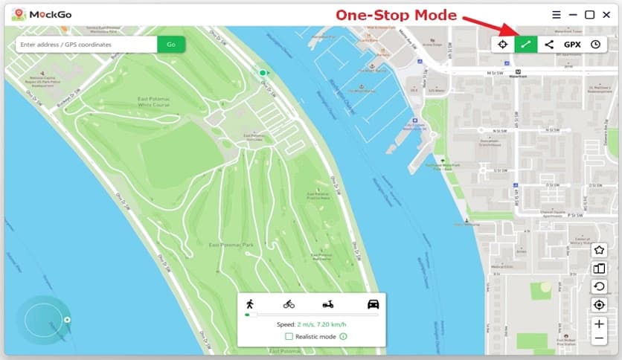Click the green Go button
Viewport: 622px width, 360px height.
point(171,45)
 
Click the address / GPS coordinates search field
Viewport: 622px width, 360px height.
point(86,45)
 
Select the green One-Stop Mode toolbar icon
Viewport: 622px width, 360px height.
point(526,45)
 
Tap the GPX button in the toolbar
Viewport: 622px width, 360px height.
point(572,45)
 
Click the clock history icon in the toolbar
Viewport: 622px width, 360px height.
point(595,45)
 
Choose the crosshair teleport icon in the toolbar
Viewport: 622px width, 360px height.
point(503,45)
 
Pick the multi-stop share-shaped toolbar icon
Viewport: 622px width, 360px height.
point(549,45)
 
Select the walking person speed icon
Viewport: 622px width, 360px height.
point(249,303)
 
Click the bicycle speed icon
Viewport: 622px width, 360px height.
point(289,303)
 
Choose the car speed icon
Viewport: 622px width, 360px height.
point(373,303)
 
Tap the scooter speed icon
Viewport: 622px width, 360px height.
point(328,303)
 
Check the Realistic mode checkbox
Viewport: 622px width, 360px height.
point(289,337)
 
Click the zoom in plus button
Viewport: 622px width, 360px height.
point(599,324)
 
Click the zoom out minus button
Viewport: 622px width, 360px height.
point(599,339)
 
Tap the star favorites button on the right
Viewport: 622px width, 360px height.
point(599,250)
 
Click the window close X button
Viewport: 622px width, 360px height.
point(607,14)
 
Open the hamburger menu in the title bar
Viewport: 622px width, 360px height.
point(557,14)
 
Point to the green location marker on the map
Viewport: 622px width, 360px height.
point(262,72)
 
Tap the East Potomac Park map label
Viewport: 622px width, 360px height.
point(231,245)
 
